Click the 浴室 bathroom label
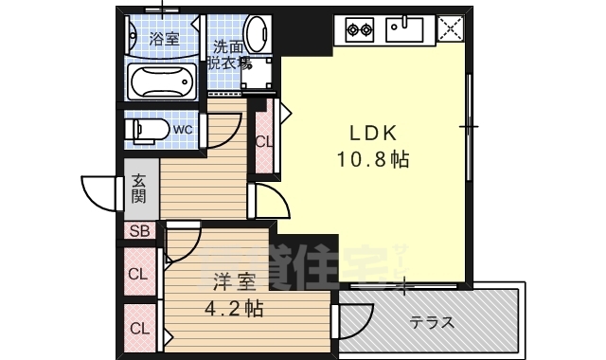tap(165, 39)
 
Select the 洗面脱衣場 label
tap(230, 55)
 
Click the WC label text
tap(183, 128)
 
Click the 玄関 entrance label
tap(139, 189)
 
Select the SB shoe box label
tap(139, 231)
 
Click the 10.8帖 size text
tap(373, 159)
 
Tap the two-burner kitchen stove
tap(360, 29)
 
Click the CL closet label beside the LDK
tap(264, 143)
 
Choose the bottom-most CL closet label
tap(139, 329)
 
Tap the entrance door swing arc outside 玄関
tap(99, 194)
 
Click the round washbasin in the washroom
tap(256, 32)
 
